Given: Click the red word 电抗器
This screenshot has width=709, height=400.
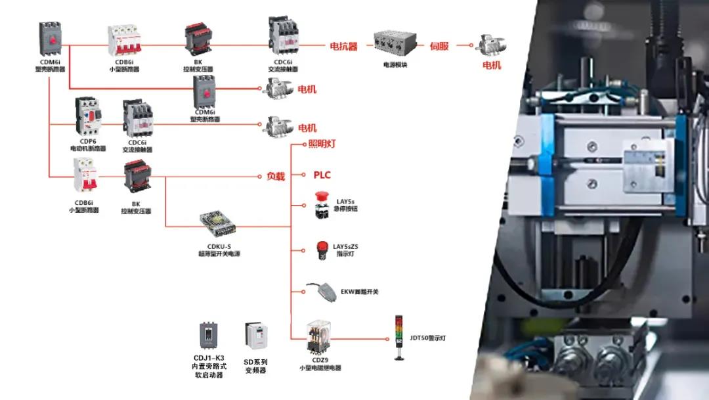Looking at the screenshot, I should (343, 46).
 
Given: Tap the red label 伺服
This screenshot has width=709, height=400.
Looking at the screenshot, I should (439, 46).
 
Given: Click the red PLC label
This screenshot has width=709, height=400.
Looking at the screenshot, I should (322, 175).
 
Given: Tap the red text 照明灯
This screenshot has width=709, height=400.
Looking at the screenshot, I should (322, 144).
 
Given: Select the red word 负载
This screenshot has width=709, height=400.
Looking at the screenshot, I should (276, 176).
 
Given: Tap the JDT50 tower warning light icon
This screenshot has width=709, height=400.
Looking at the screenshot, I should (397, 338).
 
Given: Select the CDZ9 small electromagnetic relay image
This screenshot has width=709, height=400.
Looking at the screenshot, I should (320, 336).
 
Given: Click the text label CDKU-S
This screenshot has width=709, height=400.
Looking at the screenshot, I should (219, 246).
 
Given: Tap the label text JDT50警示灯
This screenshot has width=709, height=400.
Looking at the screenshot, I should (428, 338).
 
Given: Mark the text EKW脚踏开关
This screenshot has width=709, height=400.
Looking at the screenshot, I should (360, 291).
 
